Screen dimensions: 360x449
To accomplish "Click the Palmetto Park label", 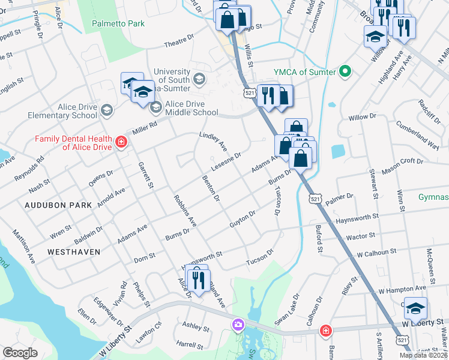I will point(118,24).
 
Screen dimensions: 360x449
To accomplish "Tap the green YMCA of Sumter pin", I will point(345,72).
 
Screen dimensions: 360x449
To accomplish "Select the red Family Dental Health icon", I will point(121,142).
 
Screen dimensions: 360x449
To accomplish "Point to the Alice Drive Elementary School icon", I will point(106,110).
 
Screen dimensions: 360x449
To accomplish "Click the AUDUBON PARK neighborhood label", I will point(58,205).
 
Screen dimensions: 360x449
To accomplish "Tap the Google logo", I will point(20,353).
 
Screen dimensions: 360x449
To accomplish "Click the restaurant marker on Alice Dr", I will point(198,279).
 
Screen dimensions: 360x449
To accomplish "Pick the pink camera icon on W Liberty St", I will point(238,325).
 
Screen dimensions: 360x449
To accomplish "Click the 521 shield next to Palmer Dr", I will point(315,198).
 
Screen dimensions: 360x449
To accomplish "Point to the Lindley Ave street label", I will point(214,141).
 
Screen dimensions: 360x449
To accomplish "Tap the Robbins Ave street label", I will point(185,211).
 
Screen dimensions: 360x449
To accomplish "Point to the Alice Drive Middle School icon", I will point(155,107).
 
